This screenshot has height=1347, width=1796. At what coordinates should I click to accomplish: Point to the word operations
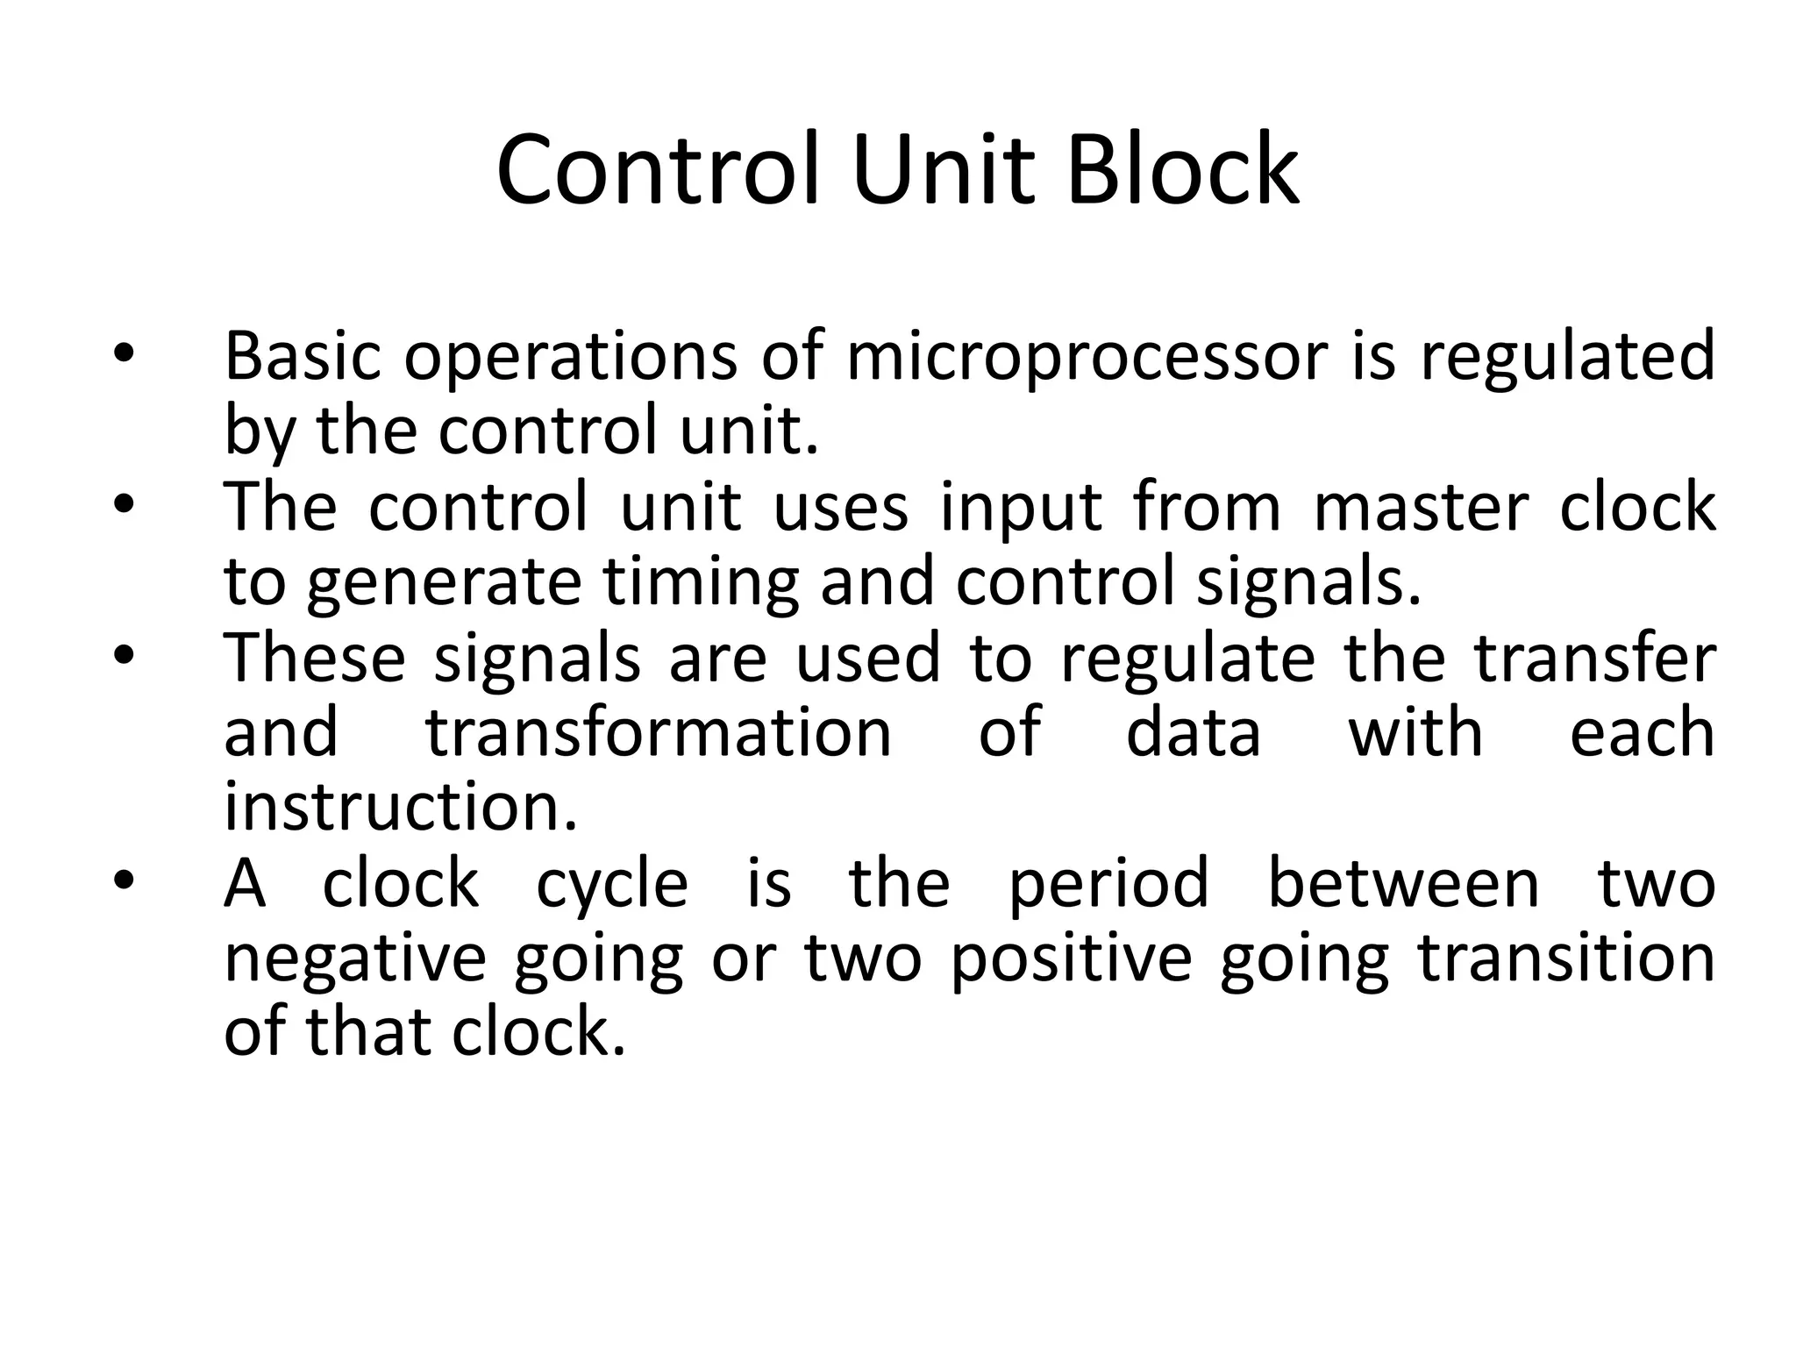[571, 358]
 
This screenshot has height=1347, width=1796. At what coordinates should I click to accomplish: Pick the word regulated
[1567, 358]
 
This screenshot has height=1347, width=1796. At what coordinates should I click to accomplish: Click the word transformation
[659, 732]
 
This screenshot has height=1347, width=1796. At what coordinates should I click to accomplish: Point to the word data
[1193, 732]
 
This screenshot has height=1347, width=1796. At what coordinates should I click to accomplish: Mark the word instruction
[401, 807]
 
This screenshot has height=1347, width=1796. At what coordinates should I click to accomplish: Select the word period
[1108, 884]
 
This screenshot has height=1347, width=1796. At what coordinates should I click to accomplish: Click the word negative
[355, 959]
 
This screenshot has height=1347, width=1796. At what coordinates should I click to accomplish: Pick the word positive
[1071, 959]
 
